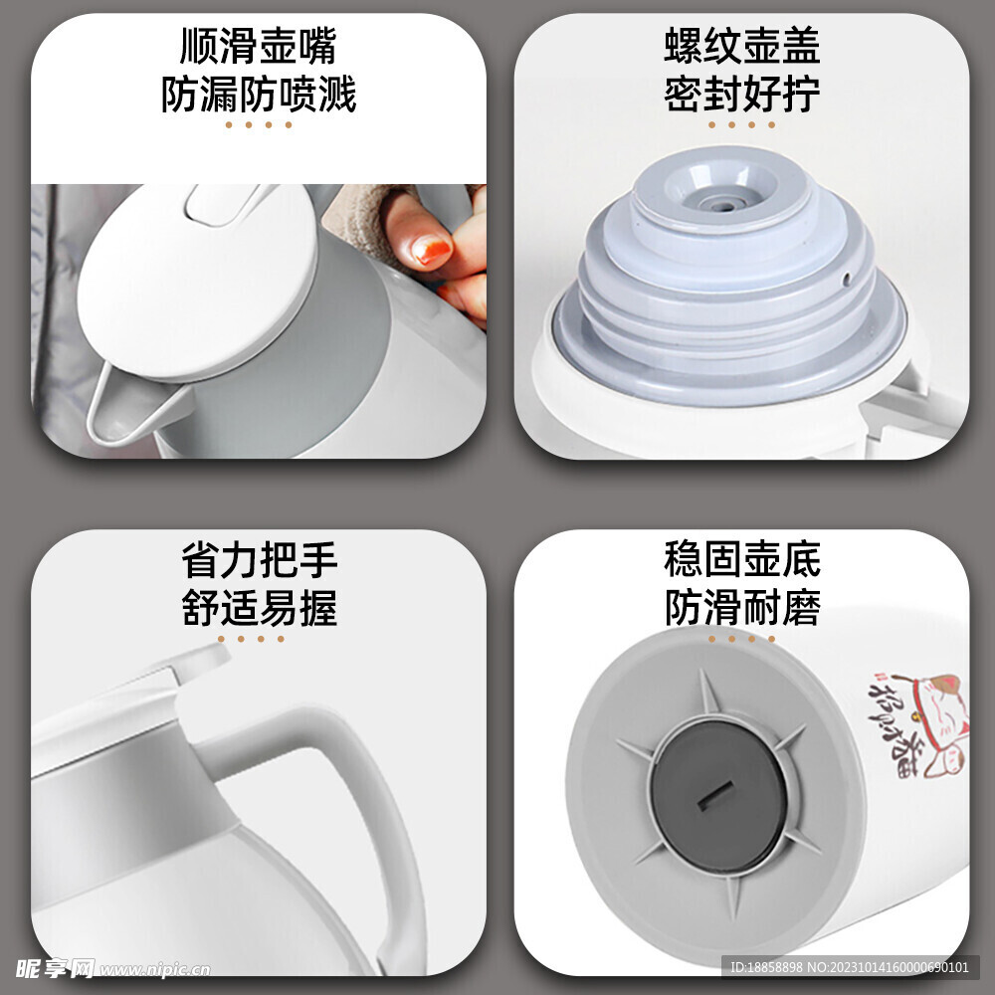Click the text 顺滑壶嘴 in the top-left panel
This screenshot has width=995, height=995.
click(259, 47)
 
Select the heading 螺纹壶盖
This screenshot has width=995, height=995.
click(741, 47)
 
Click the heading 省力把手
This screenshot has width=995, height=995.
click(259, 560)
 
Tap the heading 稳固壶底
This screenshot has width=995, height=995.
click(741, 560)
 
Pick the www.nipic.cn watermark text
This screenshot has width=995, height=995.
click(154, 968)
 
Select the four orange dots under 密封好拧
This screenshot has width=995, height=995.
click(741, 125)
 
